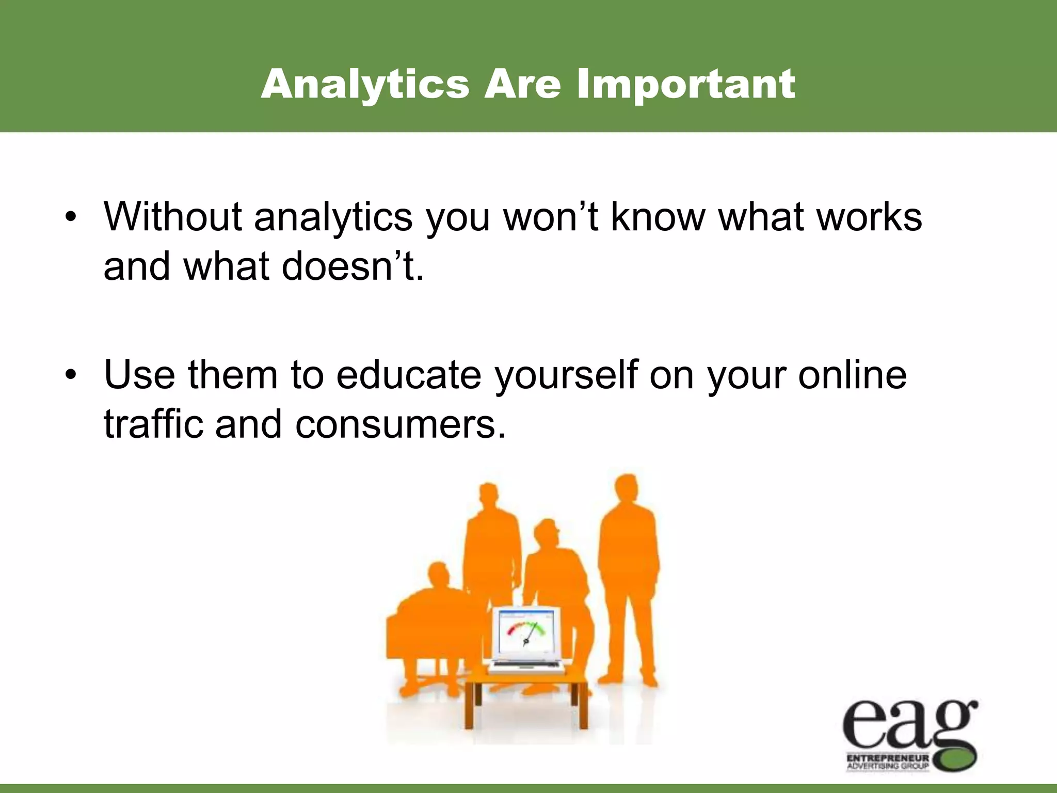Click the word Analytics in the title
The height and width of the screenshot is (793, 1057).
click(365, 84)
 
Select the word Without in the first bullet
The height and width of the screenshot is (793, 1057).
click(172, 217)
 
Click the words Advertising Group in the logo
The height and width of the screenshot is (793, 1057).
click(888, 766)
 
